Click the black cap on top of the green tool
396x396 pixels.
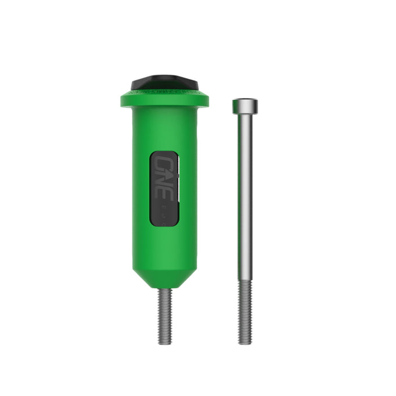[165, 83]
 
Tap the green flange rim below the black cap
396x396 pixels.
[165, 100]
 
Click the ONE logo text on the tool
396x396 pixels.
[163, 177]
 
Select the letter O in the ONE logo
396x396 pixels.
[163, 163]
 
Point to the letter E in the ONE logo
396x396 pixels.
[163, 191]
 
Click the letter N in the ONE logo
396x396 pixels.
[163, 177]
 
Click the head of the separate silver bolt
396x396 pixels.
[244, 105]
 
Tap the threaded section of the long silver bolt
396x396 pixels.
[244, 311]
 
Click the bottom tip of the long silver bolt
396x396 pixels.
[244, 342]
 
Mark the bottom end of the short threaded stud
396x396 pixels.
[165, 343]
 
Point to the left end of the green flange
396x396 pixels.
[123, 101]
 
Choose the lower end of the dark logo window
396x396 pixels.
[165, 223]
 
